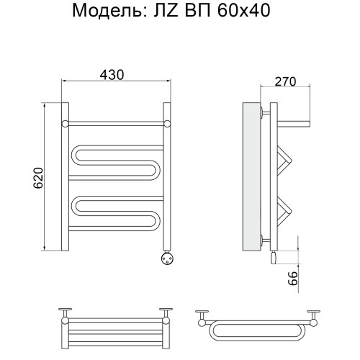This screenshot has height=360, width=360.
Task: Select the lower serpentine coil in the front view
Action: coord(115,209)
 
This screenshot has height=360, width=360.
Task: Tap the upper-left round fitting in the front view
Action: coord(65,122)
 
